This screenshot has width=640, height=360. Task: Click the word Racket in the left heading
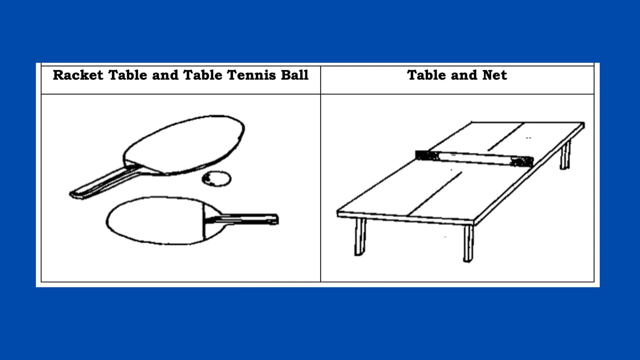[78, 75]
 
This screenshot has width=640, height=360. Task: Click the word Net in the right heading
[494, 75]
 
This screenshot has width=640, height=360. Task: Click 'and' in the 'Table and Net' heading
[464, 75]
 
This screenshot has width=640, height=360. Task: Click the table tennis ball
[217, 179]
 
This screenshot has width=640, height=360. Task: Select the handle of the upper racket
[103, 184]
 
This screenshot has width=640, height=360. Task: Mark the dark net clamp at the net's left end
[427, 155]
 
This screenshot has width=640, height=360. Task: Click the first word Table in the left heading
[127, 75]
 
